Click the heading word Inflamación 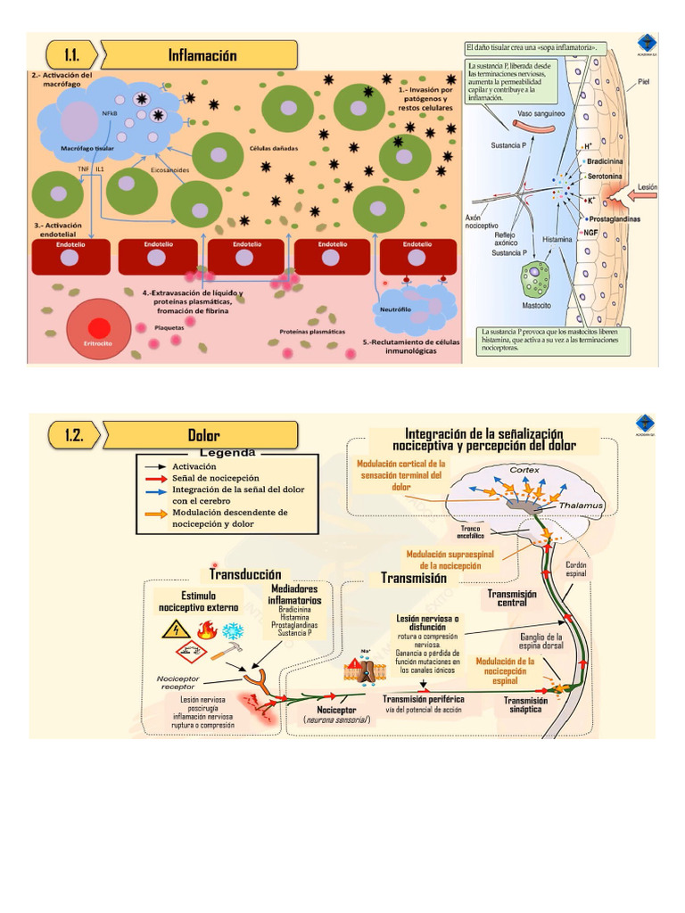(202, 55)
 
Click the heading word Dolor (202, 434)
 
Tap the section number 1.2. (75, 434)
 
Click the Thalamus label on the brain (582, 506)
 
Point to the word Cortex (524, 470)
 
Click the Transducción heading (245, 573)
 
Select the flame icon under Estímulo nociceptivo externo (207, 631)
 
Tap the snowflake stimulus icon (233, 631)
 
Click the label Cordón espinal (577, 570)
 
